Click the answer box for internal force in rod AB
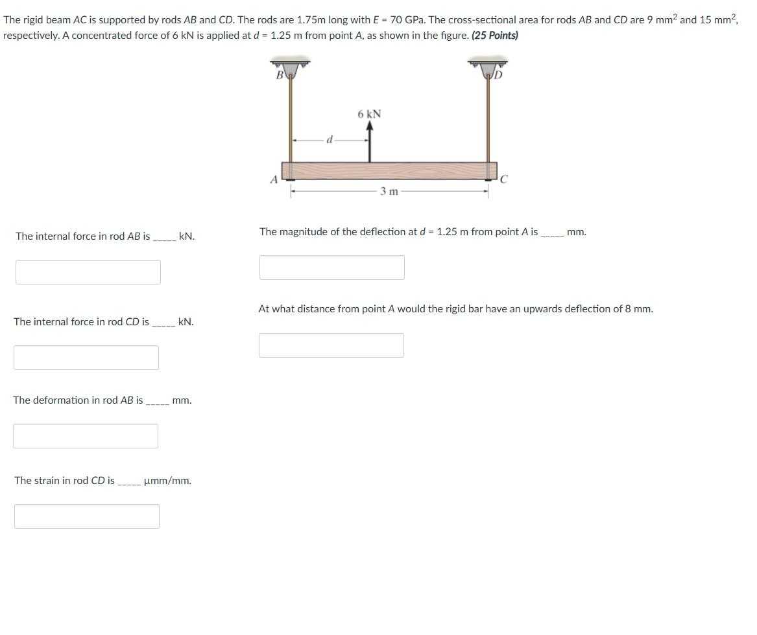coord(88,272)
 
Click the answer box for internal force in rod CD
coord(86,358)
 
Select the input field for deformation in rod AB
coord(86,436)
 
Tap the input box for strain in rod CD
coord(87,516)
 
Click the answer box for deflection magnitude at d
coord(332,268)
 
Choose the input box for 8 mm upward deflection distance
coord(331,345)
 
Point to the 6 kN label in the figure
coord(369,114)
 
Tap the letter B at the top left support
coord(280,75)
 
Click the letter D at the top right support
coord(498,75)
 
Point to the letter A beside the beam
coord(274,179)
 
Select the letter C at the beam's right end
coord(504,179)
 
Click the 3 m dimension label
coord(389,191)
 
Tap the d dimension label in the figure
coord(330,139)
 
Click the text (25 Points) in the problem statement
coord(495,35)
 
